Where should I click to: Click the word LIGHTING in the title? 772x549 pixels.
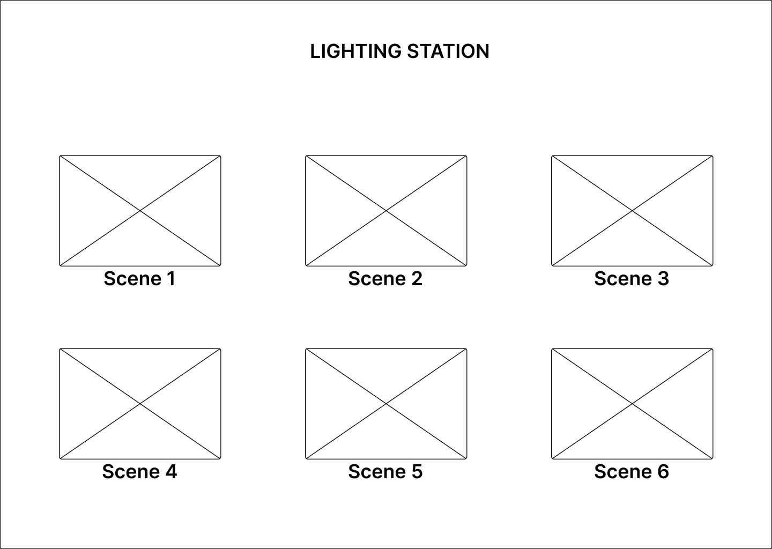(355, 51)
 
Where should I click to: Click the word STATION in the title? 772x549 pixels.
(448, 51)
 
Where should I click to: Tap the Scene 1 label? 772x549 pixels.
(139, 278)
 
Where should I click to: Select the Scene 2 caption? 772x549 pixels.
(385, 278)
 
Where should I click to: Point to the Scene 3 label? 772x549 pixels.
(632, 278)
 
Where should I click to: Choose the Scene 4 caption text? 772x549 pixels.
(139, 471)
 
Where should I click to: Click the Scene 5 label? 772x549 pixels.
(385, 471)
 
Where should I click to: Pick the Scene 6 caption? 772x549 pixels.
(632, 471)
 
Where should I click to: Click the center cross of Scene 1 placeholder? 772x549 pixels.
(140, 210)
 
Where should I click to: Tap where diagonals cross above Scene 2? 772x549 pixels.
(386, 210)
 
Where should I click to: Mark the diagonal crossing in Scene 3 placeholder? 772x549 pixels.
(632, 210)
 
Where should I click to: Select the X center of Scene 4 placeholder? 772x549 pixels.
(140, 403)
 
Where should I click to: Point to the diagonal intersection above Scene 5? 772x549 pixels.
(386, 403)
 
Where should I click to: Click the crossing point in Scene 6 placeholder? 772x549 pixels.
(632, 403)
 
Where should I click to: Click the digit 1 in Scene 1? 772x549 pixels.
(171, 278)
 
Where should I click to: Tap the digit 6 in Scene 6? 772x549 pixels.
(663, 471)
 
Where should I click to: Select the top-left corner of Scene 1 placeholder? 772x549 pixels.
(60, 155)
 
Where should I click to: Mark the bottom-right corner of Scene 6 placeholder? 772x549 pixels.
(712, 459)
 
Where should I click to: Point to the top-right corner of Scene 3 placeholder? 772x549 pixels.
(712, 155)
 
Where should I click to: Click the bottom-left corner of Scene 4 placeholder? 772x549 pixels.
(60, 459)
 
